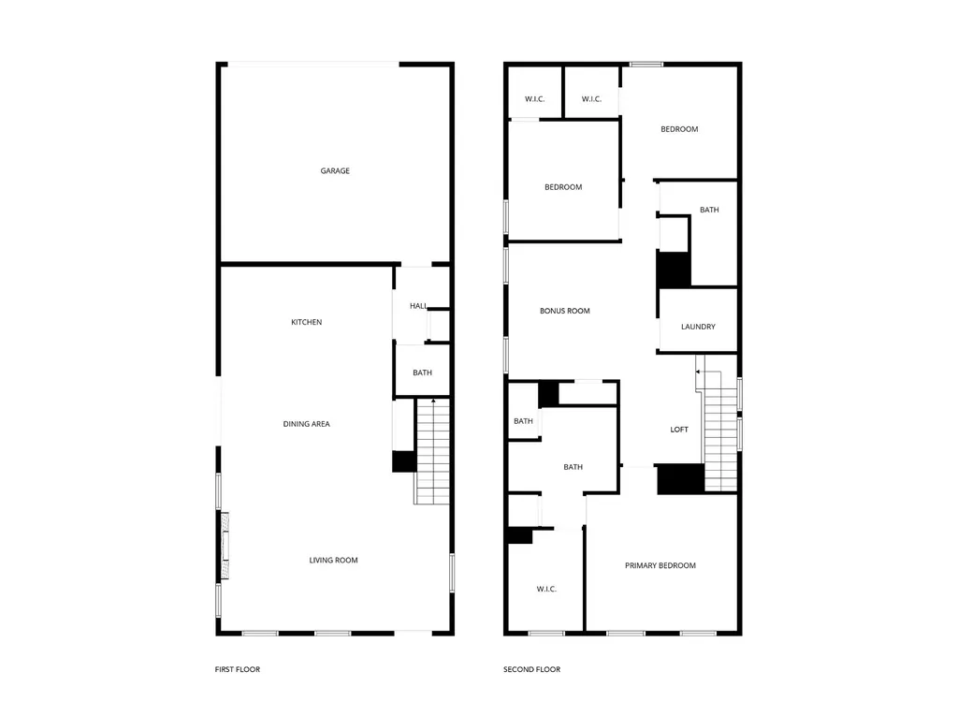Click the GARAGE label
click(x=335, y=171)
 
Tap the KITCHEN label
click(x=306, y=322)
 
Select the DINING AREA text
click(x=306, y=424)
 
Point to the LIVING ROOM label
click(x=333, y=561)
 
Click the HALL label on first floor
click(x=418, y=306)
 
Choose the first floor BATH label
click(x=422, y=372)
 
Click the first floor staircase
click(x=432, y=452)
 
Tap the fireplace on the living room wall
click(x=225, y=546)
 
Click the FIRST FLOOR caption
click(x=237, y=670)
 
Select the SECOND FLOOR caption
click(x=531, y=670)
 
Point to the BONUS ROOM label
click(x=564, y=311)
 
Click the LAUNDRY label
click(x=698, y=327)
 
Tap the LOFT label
click(x=679, y=430)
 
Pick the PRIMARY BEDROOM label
click(x=660, y=566)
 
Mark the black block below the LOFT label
click(x=681, y=479)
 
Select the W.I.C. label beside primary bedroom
click(x=546, y=589)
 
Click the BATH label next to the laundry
click(x=709, y=211)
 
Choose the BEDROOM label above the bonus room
click(x=563, y=187)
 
